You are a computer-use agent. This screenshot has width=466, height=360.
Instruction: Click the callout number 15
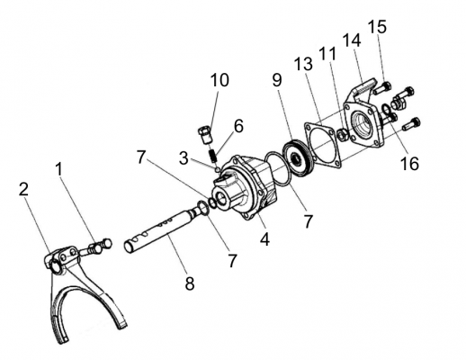pyautogui.click(x=377, y=27)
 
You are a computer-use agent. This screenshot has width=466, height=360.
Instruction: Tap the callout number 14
pyautogui.click(x=352, y=40)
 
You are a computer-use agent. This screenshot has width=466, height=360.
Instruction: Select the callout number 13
pyautogui.click(x=303, y=64)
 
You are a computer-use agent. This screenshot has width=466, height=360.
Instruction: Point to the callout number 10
pyautogui.click(x=220, y=80)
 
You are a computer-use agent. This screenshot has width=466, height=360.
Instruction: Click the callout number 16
pyautogui.click(x=409, y=164)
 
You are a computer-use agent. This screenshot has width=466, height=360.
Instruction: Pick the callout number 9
pyautogui.click(x=277, y=80)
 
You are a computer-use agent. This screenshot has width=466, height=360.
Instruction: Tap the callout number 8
pyautogui.click(x=190, y=283)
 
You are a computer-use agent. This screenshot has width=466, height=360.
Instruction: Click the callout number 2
pyautogui.click(x=23, y=190)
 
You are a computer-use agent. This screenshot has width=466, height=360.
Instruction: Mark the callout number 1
pyautogui.click(x=59, y=169)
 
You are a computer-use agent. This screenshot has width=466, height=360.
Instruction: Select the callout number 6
pyautogui.click(x=238, y=126)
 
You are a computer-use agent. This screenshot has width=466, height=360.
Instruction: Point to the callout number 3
pyautogui.click(x=184, y=158)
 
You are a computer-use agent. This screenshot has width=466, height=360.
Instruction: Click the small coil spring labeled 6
pyautogui.click(x=213, y=156)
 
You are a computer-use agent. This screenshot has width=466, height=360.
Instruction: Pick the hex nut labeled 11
pyautogui.click(x=343, y=134)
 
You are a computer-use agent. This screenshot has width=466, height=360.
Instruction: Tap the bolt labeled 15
pyautogui.click(x=381, y=88)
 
